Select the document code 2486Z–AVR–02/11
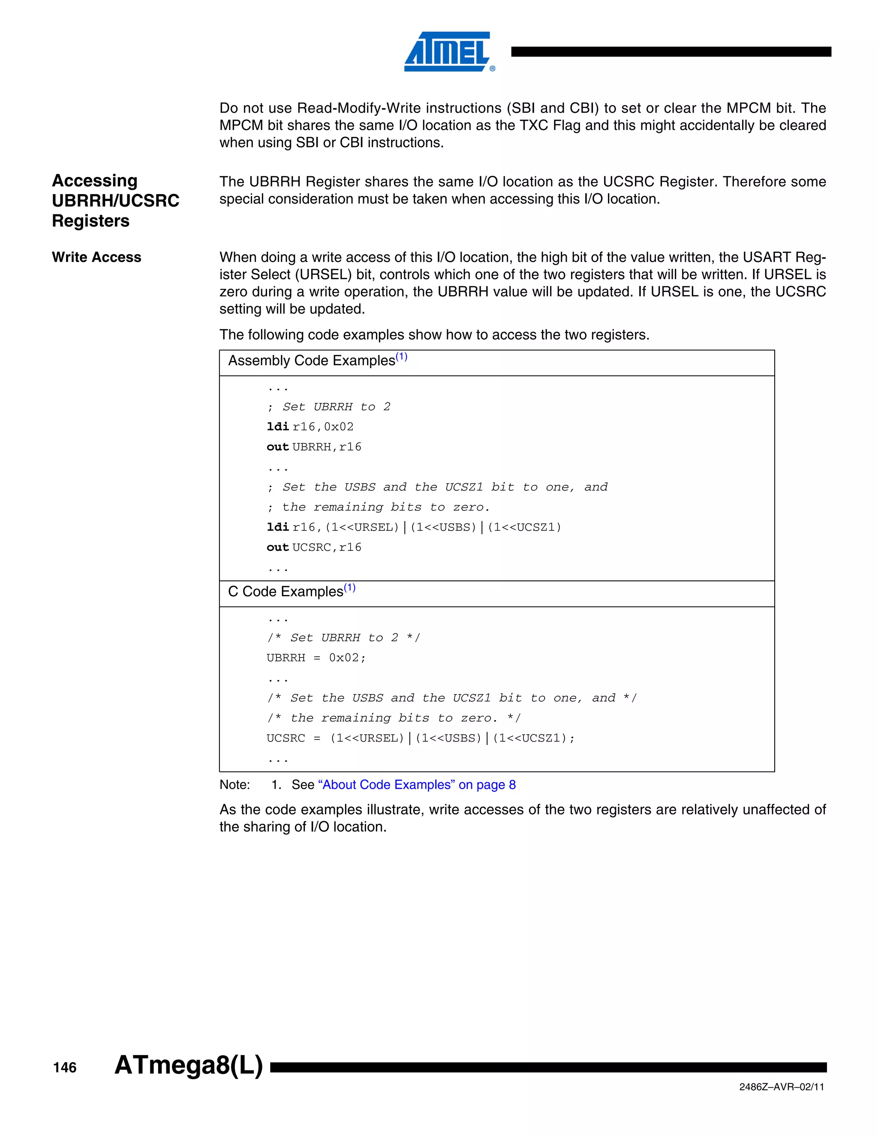pos(781,1087)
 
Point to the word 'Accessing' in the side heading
pos(94,180)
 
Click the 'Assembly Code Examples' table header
pos(312,361)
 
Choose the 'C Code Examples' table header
pos(286,592)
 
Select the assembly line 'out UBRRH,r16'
pos(314,447)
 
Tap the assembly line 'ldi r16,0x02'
pos(310,427)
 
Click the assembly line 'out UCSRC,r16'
pos(314,547)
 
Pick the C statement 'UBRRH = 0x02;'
pos(316,658)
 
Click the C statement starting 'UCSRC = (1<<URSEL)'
pos(420,738)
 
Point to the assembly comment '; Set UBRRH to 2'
pos(329,407)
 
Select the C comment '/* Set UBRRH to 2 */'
pos(343,638)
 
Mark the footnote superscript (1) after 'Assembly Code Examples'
pos(402,357)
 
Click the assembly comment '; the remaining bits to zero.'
pos(379,507)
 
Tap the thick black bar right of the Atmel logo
pos(671,51)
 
